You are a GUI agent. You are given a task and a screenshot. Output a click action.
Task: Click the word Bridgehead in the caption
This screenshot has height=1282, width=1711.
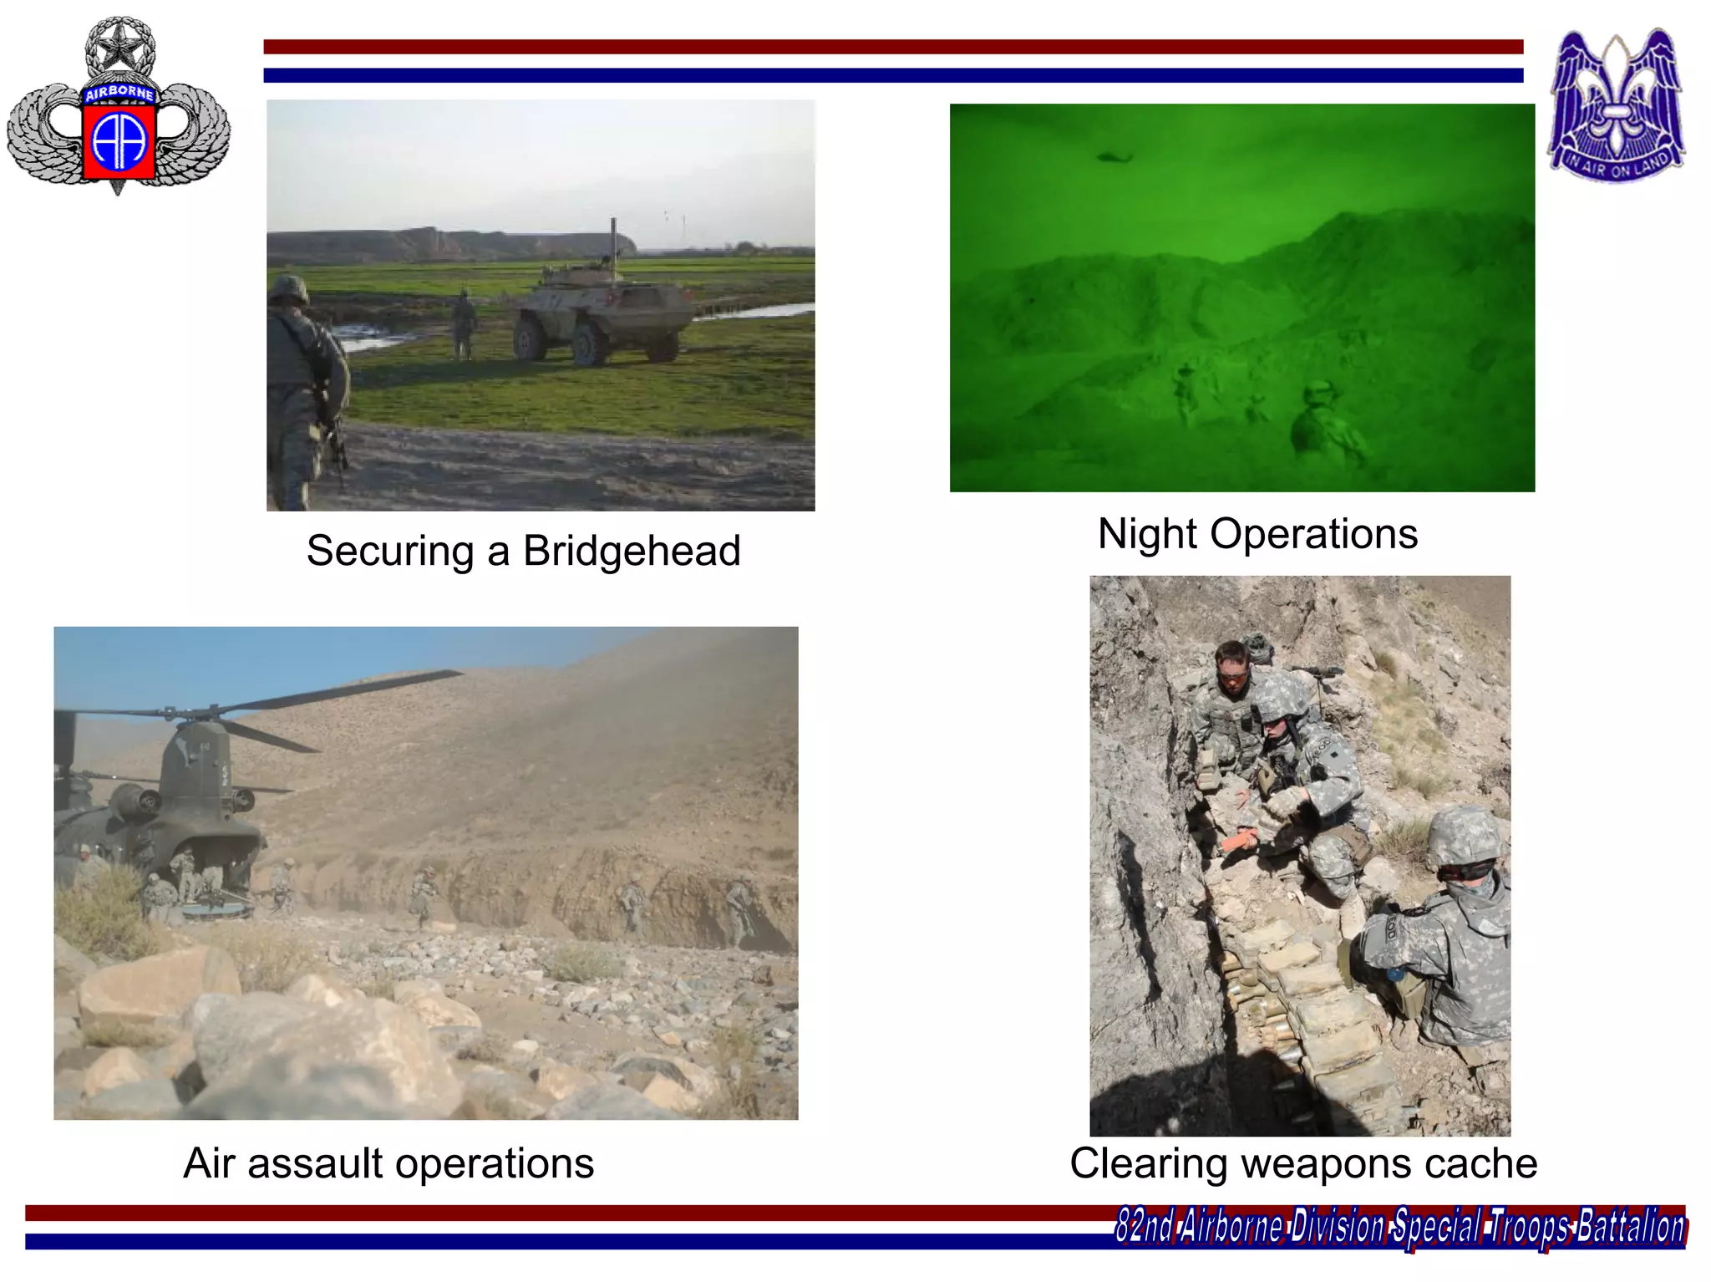[x=632, y=552]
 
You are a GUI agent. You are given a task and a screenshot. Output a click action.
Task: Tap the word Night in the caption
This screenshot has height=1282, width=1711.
[x=1147, y=534]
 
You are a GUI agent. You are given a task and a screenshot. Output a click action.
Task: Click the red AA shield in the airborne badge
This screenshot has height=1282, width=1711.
[x=119, y=140]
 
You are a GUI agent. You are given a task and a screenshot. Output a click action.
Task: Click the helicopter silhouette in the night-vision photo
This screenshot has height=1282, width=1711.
[x=1114, y=156]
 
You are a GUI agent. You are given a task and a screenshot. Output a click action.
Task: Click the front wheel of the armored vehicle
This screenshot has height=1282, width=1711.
[x=589, y=344]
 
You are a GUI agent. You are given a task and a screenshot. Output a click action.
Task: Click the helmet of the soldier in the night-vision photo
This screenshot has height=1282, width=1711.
[x=1318, y=391]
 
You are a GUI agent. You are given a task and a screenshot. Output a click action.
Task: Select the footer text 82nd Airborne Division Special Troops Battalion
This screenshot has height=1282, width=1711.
[x=1399, y=1227]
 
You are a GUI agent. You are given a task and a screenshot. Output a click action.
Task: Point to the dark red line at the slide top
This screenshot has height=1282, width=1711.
[x=892, y=47]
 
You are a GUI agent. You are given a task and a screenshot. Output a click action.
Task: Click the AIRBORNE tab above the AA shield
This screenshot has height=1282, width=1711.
[x=119, y=93]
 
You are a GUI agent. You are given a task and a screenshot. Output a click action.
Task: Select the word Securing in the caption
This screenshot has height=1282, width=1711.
[x=390, y=552]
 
